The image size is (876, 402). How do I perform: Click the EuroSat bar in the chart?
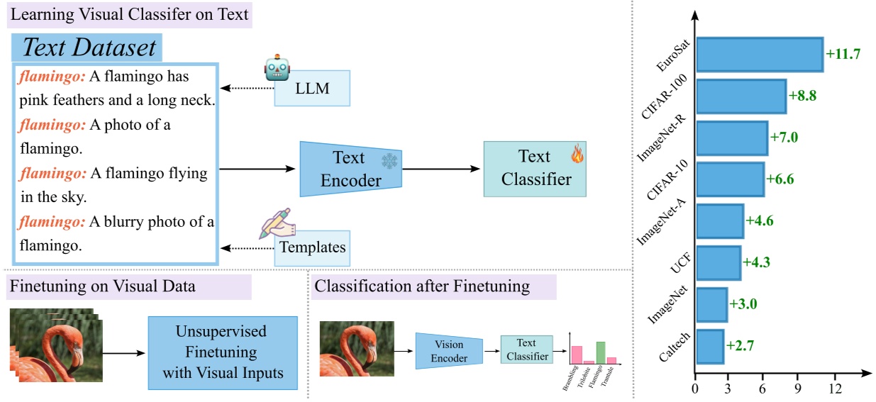[759, 55]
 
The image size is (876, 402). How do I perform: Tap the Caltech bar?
[709, 346]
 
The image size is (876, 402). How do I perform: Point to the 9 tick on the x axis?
[798, 389]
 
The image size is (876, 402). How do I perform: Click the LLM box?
[312, 88]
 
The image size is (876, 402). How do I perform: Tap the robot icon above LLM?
[277, 68]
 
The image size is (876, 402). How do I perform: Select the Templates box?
[312, 247]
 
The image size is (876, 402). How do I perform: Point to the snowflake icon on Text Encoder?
[389, 161]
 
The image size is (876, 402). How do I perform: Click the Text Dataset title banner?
[88, 48]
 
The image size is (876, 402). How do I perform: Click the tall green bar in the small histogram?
[600, 352]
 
